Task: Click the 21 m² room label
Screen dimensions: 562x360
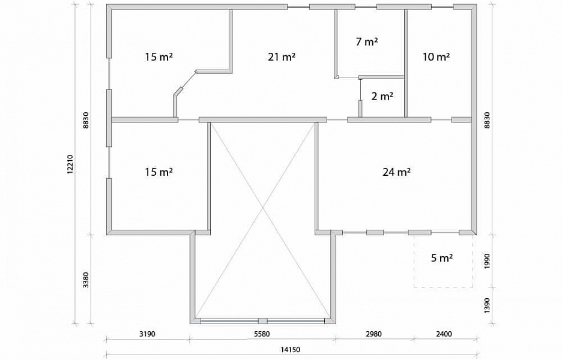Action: point(282,56)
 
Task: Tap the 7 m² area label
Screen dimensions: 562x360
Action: point(367,41)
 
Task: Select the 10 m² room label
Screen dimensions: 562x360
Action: point(436,56)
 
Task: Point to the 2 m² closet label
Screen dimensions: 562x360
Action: point(382,96)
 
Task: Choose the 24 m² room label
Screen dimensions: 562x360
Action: point(396,172)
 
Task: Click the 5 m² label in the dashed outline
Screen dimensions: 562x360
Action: point(442,257)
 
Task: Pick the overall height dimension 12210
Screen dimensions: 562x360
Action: point(70,164)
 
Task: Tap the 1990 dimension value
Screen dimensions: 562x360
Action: point(486,262)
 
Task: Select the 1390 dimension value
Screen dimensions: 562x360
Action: point(486,305)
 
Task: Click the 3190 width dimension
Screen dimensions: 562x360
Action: point(147,334)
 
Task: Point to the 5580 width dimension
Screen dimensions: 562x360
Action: point(262,334)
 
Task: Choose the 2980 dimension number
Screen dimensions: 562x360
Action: point(373,334)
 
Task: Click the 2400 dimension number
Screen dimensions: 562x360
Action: point(444,334)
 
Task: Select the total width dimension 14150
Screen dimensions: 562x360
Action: point(290,350)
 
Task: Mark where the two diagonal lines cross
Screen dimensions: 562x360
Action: point(263,208)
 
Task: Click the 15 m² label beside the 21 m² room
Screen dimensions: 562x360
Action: point(159,56)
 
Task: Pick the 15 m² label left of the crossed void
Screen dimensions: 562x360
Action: point(159,172)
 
